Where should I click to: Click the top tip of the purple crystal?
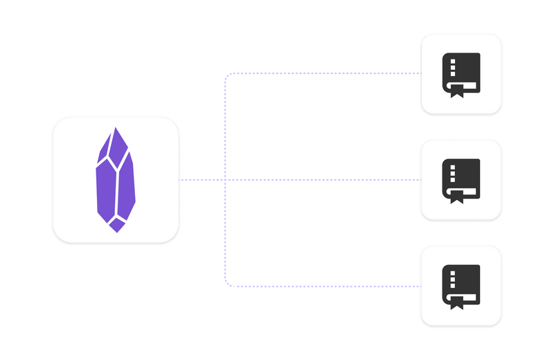tap(116, 128)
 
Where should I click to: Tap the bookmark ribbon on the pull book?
tap(456, 92)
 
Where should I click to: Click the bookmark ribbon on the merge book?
tap(456, 198)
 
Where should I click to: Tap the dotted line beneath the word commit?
tap(263, 285)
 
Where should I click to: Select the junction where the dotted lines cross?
tap(225, 179)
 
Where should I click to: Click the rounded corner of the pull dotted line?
tap(227, 75)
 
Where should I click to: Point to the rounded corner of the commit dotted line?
tap(227, 282)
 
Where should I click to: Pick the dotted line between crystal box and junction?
tap(201, 179)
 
